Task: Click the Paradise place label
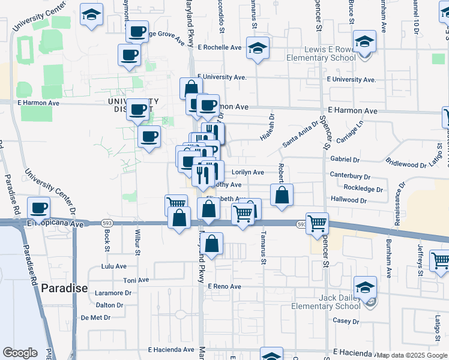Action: [x=64, y=288]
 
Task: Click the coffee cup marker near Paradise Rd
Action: [x=40, y=208]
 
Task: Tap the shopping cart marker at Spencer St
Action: [x=317, y=223]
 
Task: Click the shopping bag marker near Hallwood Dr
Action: [x=282, y=195]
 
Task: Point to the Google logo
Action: [x=20, y=353]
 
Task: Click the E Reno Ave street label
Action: [x=224, y=287]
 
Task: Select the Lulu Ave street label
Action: [x=114, y=266]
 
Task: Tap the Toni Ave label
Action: [x=136, y=280]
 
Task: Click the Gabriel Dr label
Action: [x=345, y=160]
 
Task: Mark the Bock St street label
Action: [x=106, y=244]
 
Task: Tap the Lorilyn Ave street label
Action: [x=248, y=172]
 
